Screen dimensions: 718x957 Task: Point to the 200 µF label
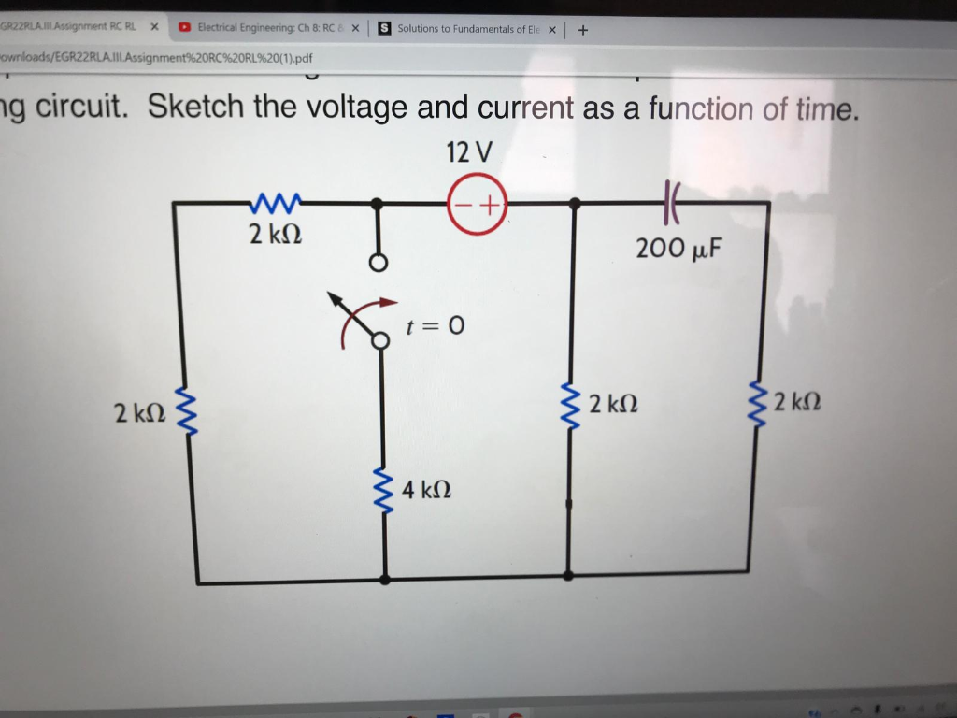click(678, 249)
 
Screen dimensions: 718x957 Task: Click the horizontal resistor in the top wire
click(276, 202)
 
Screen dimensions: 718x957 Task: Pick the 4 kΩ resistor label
click(427, 489)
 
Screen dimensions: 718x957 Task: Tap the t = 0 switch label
click(436, 326)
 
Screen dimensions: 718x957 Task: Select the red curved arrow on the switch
click(364, 314)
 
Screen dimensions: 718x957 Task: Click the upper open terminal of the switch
click(377, 265)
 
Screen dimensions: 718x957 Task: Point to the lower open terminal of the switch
click(380, 342)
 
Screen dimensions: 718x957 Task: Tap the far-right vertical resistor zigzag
click(759, 403)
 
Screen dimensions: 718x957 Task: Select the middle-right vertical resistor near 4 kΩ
click(568, 404)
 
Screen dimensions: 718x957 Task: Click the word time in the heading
click(823, 109)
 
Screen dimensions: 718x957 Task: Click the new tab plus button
click(583, 29)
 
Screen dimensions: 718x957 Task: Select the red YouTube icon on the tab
click(186, 28)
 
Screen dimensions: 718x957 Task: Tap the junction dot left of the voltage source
click(377, 203)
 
